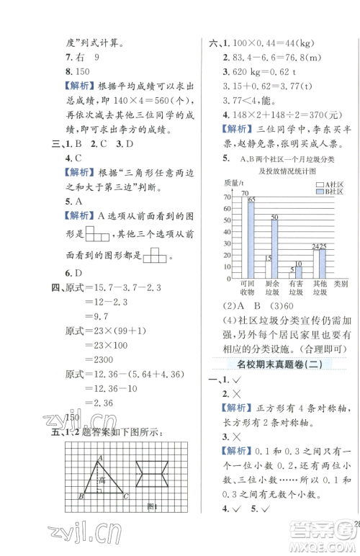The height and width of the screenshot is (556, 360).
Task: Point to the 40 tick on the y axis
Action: pyautogui.click(x=229, y=232)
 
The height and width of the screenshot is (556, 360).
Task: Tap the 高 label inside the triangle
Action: pyautogui.click(x=103, y=480)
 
